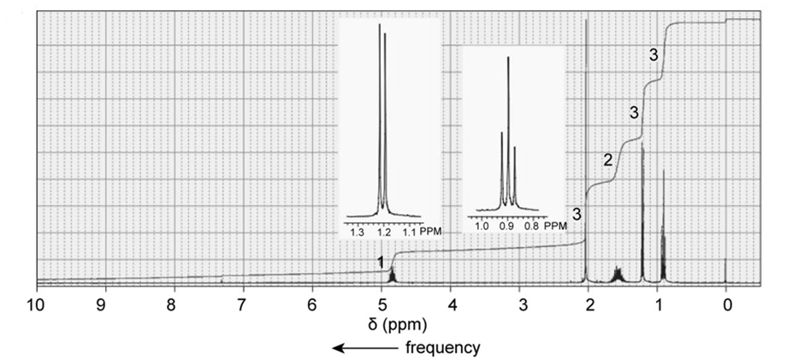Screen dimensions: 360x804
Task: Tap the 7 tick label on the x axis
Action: [242, 304]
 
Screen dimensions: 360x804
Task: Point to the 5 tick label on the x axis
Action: [381, 304]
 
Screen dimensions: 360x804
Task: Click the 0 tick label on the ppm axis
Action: [726, 304]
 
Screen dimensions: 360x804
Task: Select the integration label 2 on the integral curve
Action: [606, 160]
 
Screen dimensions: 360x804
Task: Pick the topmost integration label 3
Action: [653, 55]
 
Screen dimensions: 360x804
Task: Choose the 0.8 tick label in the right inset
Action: [531, 227]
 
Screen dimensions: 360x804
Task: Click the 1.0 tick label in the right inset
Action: [482, 227]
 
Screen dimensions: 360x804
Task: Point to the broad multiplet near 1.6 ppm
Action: [617, 274]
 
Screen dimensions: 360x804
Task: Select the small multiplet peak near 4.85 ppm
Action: [392, 275]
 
